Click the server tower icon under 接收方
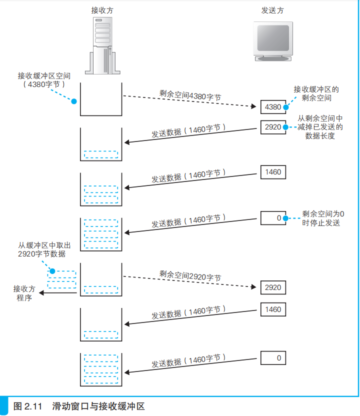pos(102,45)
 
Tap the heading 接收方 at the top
pos(101,10)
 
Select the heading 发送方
pos(272,10)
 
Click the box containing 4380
pos(273,107)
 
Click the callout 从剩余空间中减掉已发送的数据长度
pos(320,127)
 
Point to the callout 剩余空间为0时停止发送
pos(323,218)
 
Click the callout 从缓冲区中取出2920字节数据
pos(41,249)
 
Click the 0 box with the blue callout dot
pos(273,218)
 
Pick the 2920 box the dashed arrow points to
pos(273,287)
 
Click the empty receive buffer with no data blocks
pos(101,99)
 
